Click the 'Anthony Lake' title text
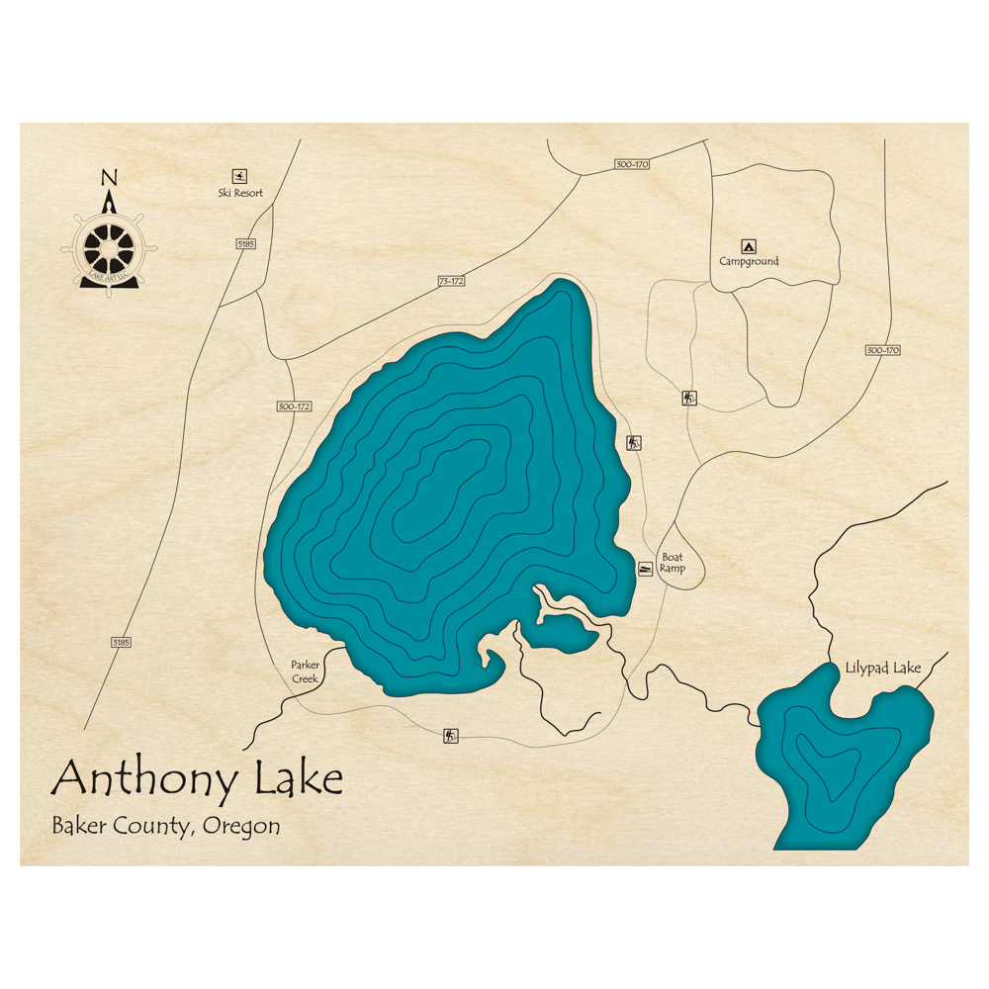197,779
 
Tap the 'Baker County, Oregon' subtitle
165,826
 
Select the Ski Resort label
240,193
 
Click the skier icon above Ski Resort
239,175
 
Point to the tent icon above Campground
749,246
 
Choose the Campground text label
749,262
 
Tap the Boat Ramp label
673,563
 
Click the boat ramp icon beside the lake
645,569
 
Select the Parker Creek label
305,672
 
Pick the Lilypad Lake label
883,669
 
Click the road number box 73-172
451,282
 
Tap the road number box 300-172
294,406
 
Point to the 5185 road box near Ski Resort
246,243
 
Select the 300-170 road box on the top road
631,164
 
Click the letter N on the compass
109,178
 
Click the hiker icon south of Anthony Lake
451,735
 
